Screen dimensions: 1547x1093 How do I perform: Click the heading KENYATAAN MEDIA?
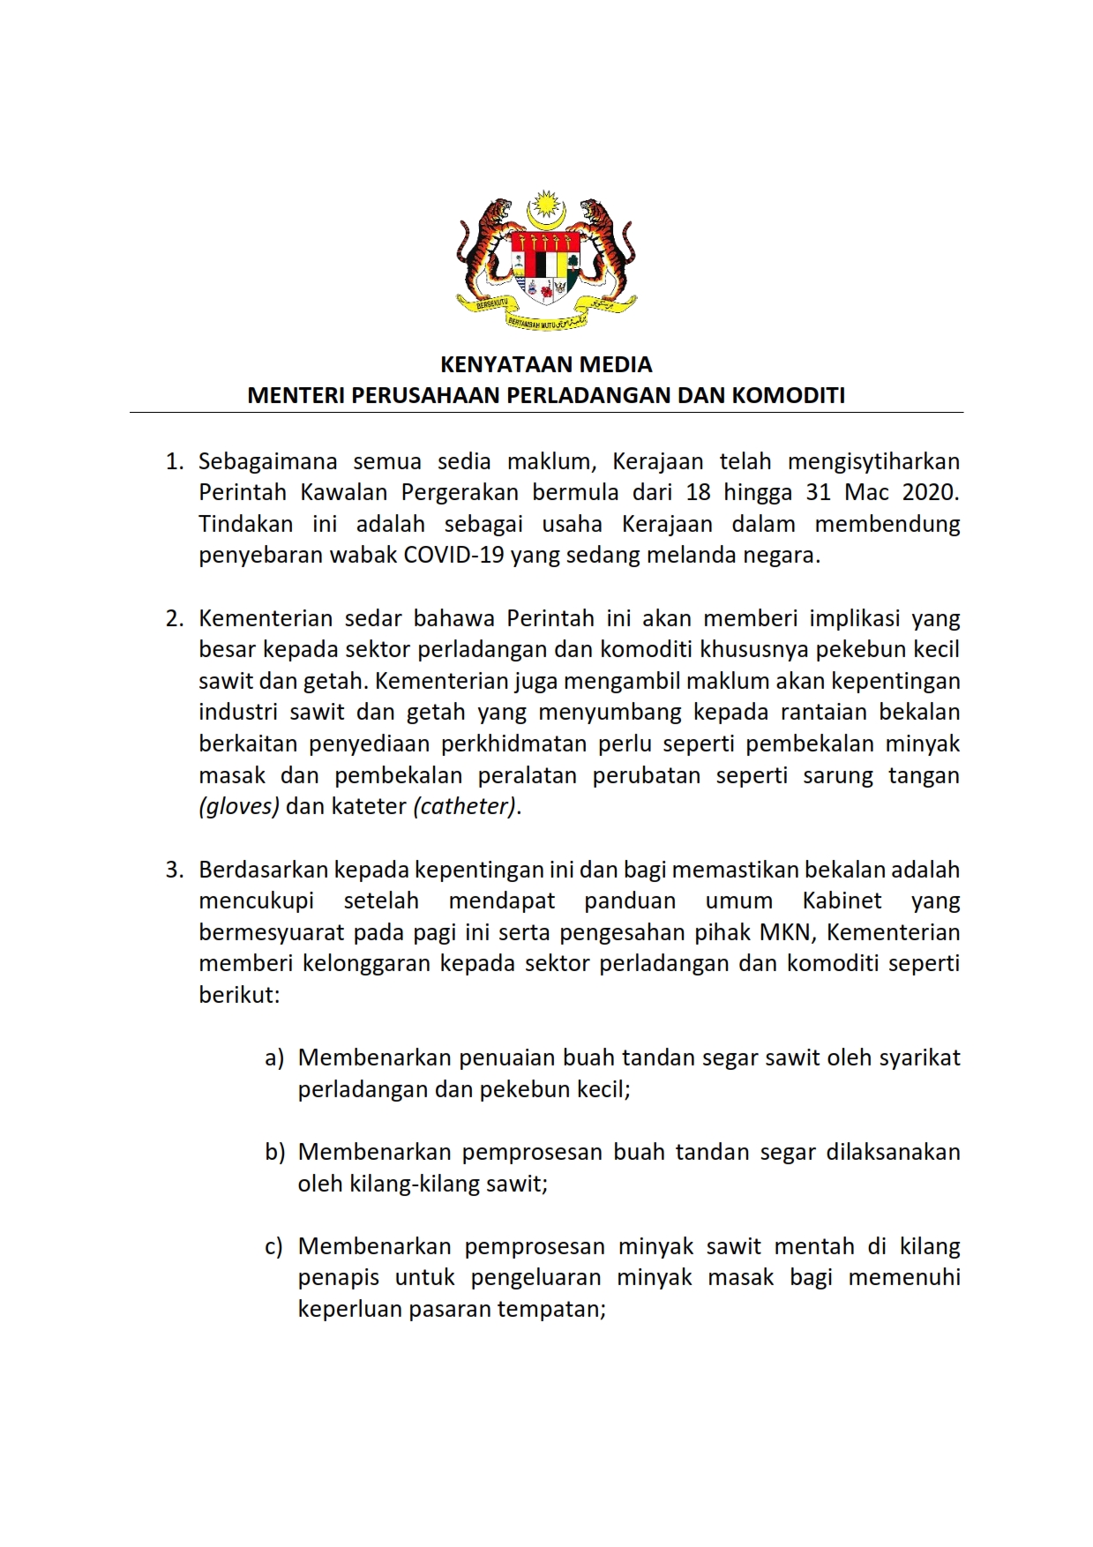click(546, 364)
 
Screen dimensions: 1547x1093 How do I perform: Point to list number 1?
click(175, 461)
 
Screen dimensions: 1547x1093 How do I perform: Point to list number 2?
click(175, 618)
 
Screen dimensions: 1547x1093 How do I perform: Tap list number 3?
click(175, 870)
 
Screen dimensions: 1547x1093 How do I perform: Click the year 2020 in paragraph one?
click(930, 492)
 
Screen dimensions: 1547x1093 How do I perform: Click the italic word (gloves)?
click(239, 806)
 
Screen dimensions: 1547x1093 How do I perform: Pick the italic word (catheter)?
click(465, 806)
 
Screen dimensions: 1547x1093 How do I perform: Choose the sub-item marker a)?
click(274, 1057)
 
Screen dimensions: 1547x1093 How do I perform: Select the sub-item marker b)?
click(274, 1152)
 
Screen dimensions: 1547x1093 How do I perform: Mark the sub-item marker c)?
click(274, 1246)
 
